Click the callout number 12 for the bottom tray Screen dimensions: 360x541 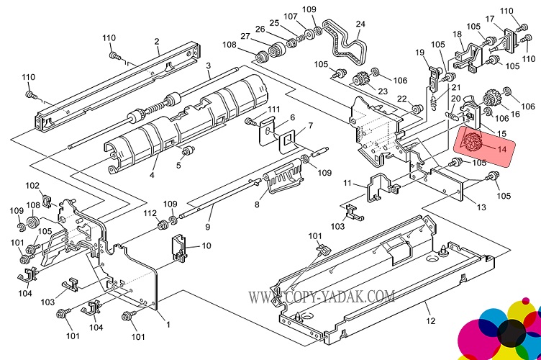(x=430, y=320)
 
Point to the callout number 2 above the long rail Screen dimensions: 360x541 (x=157, y=42)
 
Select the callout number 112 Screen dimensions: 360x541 (x=149, y=213)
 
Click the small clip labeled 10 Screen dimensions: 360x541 (x=179, y=246)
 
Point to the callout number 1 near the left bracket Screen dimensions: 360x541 (x=168, y=324)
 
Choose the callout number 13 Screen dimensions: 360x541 (x=471, y=207)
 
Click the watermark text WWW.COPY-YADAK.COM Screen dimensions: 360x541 (x=322, y=296)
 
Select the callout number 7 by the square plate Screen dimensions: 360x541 (x=310, y=127)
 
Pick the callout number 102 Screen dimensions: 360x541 (x=32, y=185)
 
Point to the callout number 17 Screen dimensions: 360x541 (x=489, y=19)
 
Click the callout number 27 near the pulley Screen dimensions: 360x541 (x=245, y=37)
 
